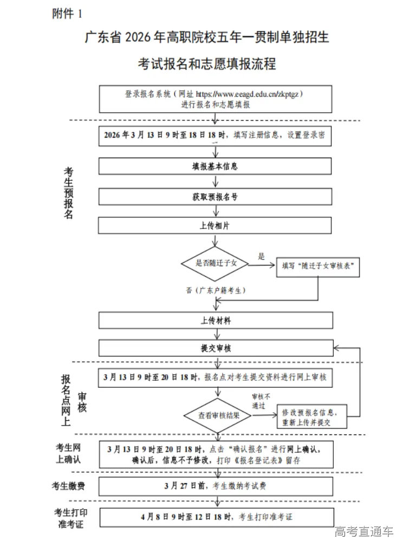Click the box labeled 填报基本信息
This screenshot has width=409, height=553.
pos(215,166)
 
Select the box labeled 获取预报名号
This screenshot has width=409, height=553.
pos(215,197)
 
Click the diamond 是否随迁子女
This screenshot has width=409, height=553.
pos(215,264)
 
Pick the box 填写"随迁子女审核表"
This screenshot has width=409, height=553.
pos(318,266)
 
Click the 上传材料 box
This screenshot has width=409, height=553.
pos(215,320)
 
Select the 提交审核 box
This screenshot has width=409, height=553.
pos(215,348)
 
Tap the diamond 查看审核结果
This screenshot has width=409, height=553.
pos(217,416)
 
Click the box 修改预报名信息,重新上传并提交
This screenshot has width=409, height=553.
pos(310,417)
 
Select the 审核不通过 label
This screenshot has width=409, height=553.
pos(261,401)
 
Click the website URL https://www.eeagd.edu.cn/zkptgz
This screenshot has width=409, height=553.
pos(249,93)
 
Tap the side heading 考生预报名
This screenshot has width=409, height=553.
pos(69,192)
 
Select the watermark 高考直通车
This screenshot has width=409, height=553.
pos(363,532)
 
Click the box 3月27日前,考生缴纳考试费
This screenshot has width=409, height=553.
pos(215,486)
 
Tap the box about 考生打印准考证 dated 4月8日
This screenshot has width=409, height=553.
pos(215,517)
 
